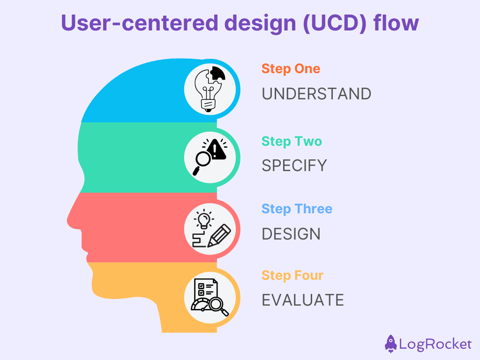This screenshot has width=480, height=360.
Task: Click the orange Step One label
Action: pyautogui.click(x=291, y=69)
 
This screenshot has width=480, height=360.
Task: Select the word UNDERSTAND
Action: pyautogui.click(x=316, y=94)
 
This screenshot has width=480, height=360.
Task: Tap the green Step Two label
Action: pyautogui.click(x=292, y=141)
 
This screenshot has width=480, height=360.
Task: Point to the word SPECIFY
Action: pyautogui.click(x=294, y=165)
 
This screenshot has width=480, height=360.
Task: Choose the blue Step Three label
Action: pyautogui.click(x=297, y=209)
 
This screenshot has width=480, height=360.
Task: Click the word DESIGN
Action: pyautogui.click(x=291, y=234)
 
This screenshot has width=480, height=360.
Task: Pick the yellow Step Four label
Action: pyautogui.click(x=292, y=275)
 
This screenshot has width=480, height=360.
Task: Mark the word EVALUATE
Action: pyautogui.click(x=302, y=300)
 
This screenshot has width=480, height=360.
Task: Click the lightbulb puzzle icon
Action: pyautogui.click(x=210, y=89)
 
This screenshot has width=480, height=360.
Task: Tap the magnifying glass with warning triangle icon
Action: pyautogui.click(x=210, y=157)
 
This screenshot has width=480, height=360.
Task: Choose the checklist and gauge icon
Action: pyautogui.click(x=210, y=297)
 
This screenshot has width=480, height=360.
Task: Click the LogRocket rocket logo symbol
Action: pyautogui.click(x=390, y=344)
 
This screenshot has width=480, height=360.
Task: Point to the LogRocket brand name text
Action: pyautogui.click(x=435, y=345)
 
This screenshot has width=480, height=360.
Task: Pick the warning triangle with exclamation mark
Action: pyautogui.click(x=216, y=150)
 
